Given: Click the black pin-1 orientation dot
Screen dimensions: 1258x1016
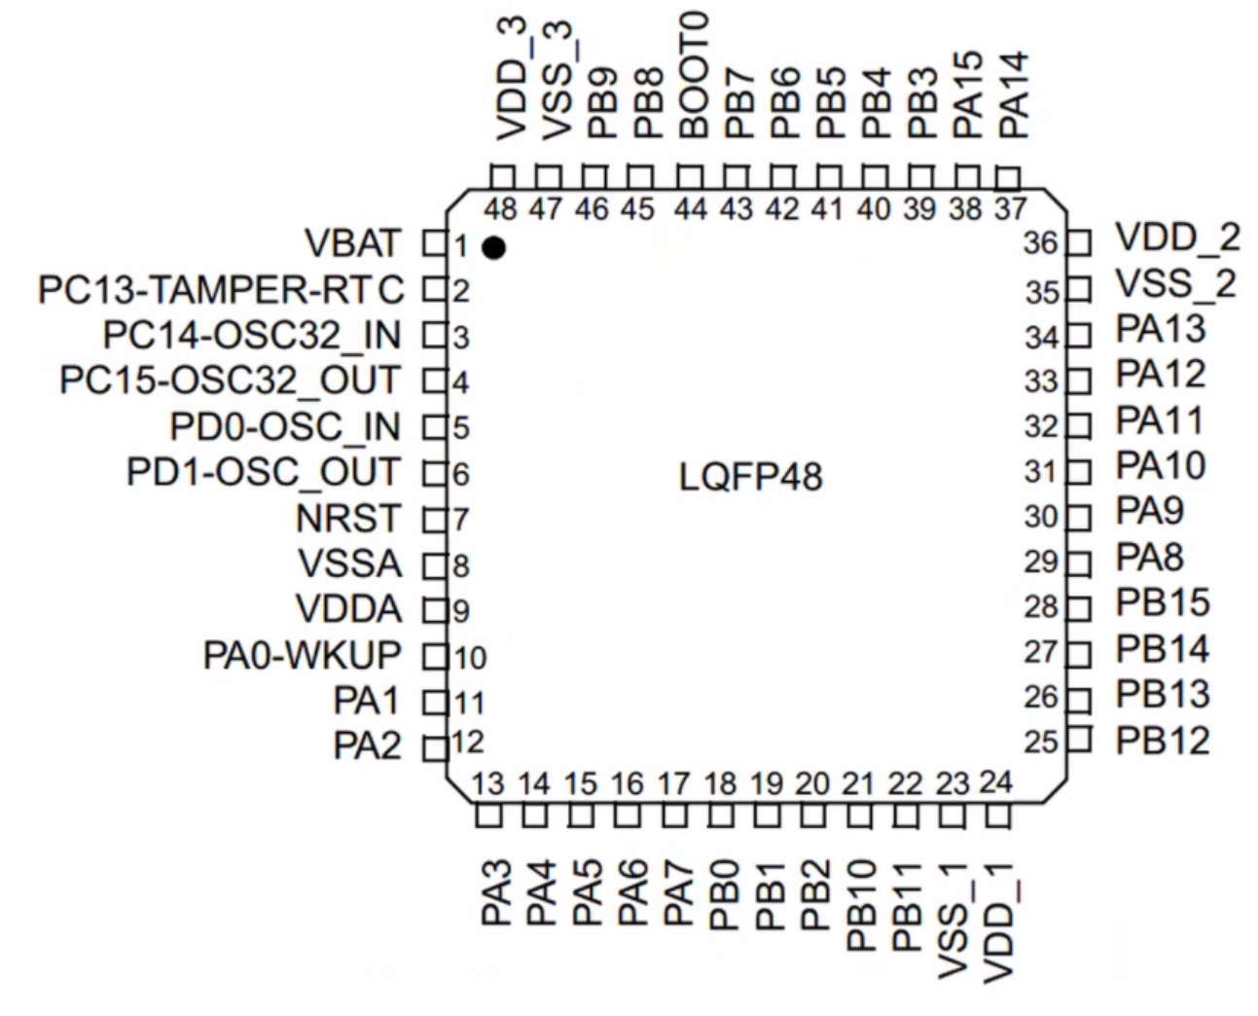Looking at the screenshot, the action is coord(493,248).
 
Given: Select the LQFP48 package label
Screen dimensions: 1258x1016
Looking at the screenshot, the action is coord(750,477).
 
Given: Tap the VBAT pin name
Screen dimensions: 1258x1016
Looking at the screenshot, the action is coord(353,242).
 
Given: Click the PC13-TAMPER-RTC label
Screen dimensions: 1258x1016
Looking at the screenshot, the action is coord(221,289).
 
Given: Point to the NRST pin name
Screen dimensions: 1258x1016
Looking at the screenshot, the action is coord(348,518).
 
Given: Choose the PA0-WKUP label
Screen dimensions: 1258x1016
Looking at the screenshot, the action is coord(303,655).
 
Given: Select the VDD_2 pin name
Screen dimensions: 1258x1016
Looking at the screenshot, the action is coord(1177,238).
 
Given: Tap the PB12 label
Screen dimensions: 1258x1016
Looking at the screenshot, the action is coord(1163,741).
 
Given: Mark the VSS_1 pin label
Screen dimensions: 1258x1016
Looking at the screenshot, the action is coord(952,922).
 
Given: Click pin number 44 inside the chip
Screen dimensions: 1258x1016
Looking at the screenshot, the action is coord(691,208).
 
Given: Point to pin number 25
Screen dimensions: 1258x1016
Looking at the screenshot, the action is coord(1041,742).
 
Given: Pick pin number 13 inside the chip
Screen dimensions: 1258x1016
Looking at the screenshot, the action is coord(487,783).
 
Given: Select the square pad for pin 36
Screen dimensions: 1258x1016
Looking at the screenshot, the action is coord(1079,242).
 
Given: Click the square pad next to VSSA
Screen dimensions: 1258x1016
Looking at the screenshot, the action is coord(435,566).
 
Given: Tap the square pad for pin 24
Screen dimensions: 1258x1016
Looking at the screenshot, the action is coord(998,816).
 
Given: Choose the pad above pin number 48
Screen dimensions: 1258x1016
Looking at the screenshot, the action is coord(503,177).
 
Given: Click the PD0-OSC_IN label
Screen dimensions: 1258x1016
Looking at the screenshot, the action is coord(285,426).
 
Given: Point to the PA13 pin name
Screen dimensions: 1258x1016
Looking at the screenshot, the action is coord(1161,329).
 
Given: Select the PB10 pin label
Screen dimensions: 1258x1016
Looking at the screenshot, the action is coord(861,905).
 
